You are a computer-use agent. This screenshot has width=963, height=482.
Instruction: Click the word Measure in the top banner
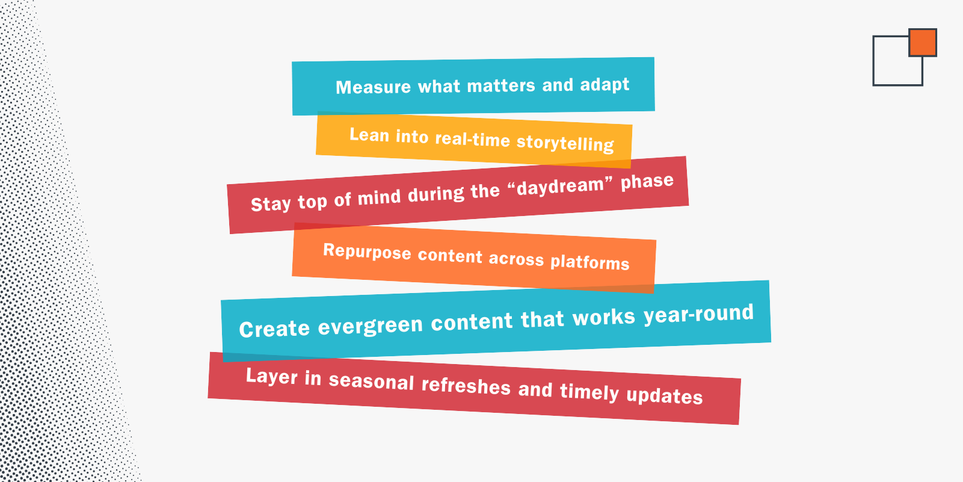(373, 87)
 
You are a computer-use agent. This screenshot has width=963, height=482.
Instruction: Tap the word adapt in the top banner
(605, 85)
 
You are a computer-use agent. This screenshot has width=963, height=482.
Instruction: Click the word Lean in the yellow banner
(369, 135)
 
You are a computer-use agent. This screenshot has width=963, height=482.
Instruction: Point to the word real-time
(472, 140)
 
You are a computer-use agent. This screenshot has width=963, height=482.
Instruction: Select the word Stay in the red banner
(271, 204)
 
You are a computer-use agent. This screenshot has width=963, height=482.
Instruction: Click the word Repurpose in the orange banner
(367, 252)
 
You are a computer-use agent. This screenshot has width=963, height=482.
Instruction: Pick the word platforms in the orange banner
(590, 262)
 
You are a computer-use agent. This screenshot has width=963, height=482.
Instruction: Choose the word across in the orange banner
(516, 259)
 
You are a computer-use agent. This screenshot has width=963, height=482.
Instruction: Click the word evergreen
(371, 326)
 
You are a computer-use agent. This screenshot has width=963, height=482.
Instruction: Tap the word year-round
(698, 314)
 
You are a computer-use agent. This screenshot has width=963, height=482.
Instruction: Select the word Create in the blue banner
(274, 329)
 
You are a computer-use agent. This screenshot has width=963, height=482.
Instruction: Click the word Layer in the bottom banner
(272, 377)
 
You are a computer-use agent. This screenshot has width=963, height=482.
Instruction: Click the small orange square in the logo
(923, 43)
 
